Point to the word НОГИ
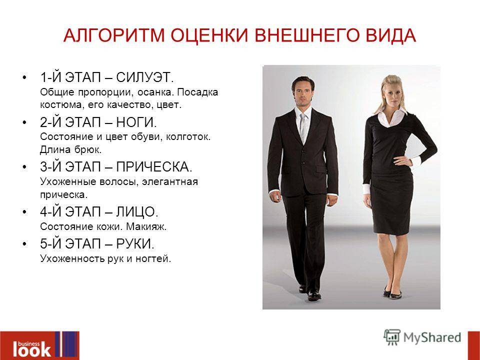pos(136,122)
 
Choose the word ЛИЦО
pos(137,212)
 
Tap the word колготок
pos(188,136)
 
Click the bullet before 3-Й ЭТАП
pos(25,167)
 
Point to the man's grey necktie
pos(302,127)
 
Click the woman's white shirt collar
pos(389,116)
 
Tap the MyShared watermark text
pos(432,337)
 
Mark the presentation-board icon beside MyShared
pos(392,337)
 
